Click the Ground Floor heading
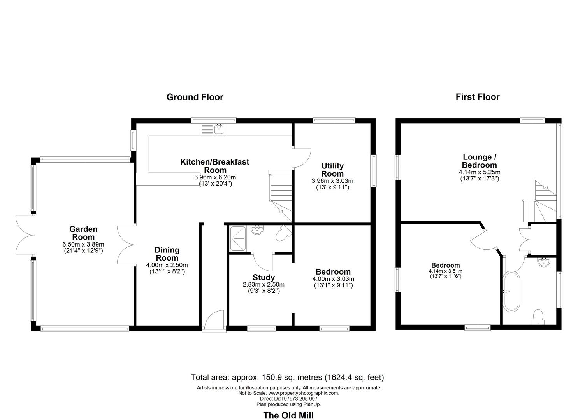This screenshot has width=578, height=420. point(195,97)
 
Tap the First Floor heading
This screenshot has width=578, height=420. point(477,97)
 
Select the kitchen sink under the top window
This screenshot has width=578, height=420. point(213,129)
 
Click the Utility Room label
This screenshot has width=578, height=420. point(332,170)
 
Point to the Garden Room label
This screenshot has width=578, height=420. point(83,233)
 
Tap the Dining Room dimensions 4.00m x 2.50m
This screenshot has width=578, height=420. point(167,265)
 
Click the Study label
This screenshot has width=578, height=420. point(264,277)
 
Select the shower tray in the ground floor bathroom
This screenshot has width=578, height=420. point(238,238)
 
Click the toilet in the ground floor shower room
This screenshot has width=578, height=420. point(283,233)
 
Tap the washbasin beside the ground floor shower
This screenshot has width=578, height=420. point(257,230)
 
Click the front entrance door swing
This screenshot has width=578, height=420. point(214,320)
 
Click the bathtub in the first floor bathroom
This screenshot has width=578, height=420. point(512,291)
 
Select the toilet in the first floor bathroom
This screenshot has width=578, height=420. point(538,317)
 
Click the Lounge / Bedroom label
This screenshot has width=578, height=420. point(480,161)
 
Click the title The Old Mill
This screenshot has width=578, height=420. point(288,415)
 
